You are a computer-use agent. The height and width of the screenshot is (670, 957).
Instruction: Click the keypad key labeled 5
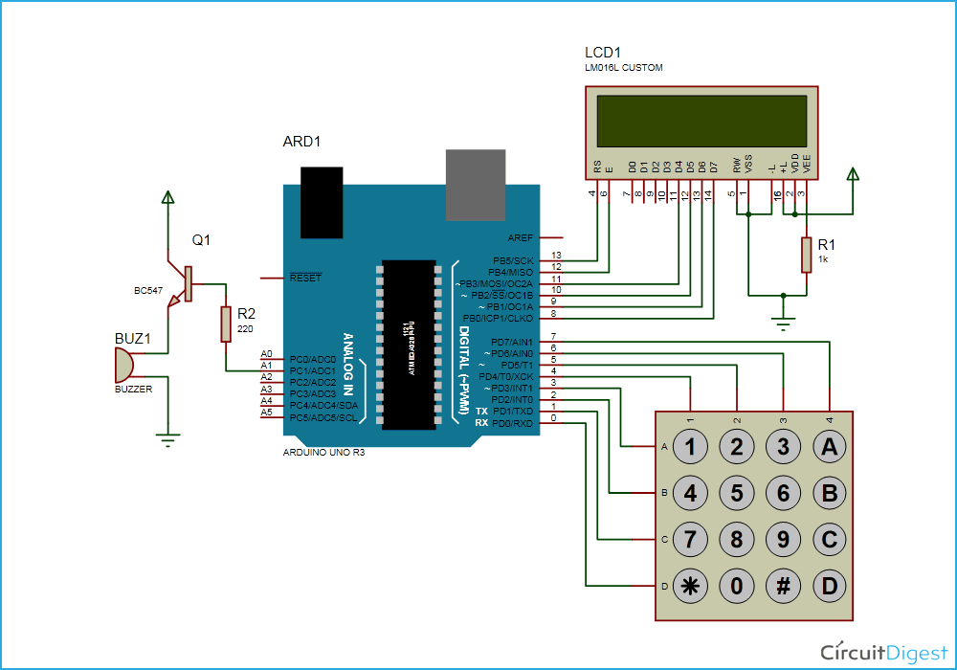[737, 494]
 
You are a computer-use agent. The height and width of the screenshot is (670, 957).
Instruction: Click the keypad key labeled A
[830, 446]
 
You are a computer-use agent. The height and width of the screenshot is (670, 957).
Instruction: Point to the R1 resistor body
[807, 255]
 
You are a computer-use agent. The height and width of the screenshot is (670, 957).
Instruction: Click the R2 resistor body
[226, 324]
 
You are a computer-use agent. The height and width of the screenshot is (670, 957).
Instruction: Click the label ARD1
[301, 142]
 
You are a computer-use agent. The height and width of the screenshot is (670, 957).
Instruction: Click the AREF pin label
[521, 237]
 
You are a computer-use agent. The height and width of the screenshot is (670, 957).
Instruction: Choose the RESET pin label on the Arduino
[305, 278]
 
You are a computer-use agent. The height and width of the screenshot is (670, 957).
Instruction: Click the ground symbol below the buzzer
[168, 440]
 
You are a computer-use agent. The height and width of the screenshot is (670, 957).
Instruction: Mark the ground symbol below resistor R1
[784, 325]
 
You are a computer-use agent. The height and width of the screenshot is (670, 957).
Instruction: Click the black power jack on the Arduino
[322, 201]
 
